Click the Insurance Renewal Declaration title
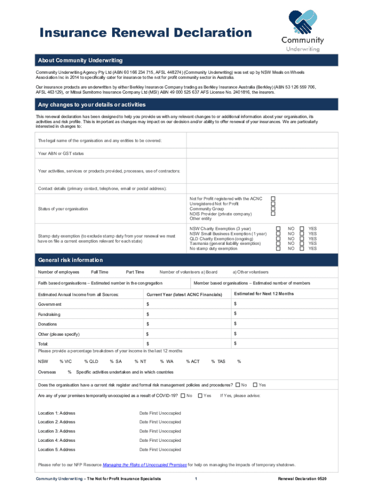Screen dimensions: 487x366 145,33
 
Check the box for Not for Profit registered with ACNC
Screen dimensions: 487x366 273,198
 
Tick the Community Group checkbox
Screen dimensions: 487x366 273,209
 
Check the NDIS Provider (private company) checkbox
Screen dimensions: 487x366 273,214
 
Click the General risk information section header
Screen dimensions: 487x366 70,260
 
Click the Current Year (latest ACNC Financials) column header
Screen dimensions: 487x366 184,295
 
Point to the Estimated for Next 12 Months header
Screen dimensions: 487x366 264,294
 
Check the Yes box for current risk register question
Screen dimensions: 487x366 255,385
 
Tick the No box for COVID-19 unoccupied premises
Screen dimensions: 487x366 183,396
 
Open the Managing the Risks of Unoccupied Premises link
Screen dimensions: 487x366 145,465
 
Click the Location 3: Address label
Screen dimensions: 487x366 57,431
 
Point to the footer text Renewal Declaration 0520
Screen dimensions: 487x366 302,478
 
